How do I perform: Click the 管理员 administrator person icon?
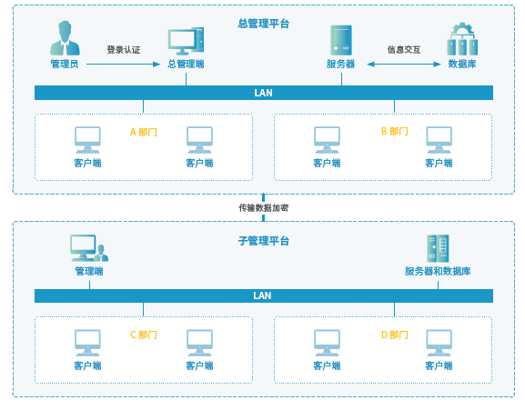(x=65, y=38)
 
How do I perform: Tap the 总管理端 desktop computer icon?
(x=186, y=41)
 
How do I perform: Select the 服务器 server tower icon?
(x=341, y=40)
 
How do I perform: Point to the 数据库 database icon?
(x=462, y=39)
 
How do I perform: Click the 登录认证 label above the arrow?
(x=124, y=50)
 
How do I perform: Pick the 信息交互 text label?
(x=404, y=50)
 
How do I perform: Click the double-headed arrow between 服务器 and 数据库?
(x=404, y=65)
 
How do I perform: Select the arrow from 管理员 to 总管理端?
(x=123, y=65)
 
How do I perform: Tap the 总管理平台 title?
(x=264, y=24)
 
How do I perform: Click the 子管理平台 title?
(x=264, y=241)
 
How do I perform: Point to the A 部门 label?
(x=143, y=132)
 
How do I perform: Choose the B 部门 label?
(x=395, y=132)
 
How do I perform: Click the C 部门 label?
(x=143, y=335)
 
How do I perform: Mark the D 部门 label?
(x=395, y=335)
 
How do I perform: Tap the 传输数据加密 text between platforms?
(x=264, y=208)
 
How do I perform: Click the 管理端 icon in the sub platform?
(x=89, y=248)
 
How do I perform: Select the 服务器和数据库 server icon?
(x=438, y=248)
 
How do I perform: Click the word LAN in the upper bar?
(x=264, y=93)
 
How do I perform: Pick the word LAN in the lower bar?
(x=262, y=295)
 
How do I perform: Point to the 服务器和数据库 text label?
(x=438, y=271)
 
